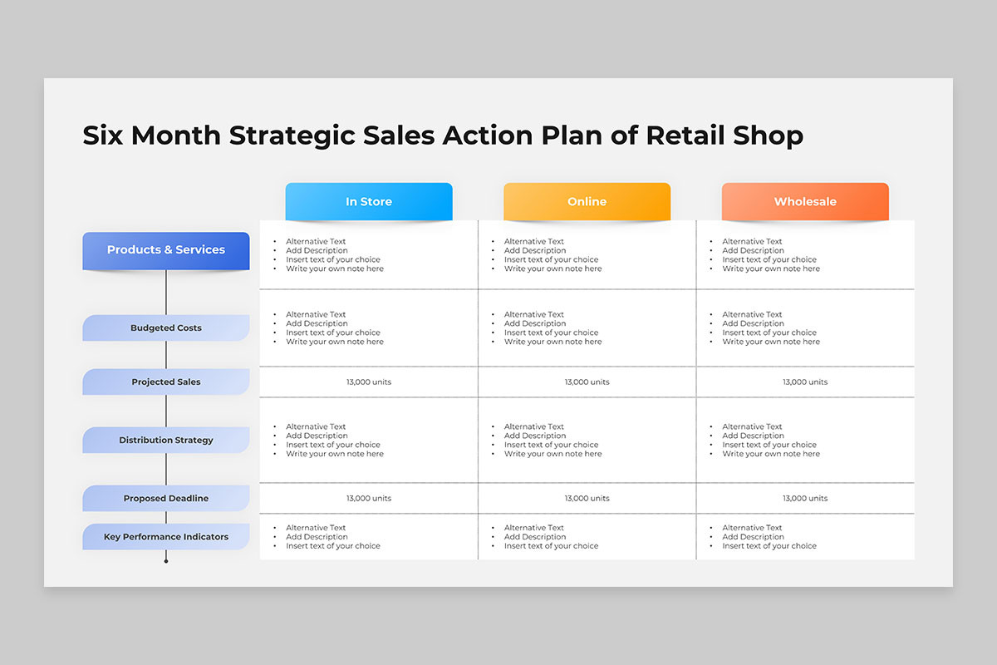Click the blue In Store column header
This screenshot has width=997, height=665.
click(369, 201)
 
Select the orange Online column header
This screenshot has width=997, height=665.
click(587, 201)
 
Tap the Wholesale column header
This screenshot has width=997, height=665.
click(805, 201)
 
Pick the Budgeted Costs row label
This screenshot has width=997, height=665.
click(166, 328)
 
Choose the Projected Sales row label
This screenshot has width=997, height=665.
click(166, 382)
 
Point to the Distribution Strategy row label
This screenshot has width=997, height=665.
click(166, 440)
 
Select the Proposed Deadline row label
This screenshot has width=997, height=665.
click(166, 498)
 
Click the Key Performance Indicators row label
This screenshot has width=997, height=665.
click(166, 537)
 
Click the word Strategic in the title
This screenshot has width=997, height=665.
click(292, 136)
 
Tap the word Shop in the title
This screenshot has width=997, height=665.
click(769, 136)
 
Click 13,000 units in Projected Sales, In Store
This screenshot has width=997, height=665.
click(369, 382)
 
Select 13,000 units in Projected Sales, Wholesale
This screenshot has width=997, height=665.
click(805, 382)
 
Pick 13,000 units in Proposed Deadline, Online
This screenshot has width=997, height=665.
click(587, 498)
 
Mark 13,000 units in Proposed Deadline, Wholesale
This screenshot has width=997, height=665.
click(805, 498)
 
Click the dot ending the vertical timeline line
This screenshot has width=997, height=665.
click(166, 561)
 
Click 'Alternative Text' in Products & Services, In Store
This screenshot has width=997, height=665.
click(316, 241)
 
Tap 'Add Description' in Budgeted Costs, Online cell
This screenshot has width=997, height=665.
click(535, 323)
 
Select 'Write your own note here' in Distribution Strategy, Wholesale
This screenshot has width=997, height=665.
click(771, 453)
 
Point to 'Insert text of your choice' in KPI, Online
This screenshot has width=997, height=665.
click(551, 545)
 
